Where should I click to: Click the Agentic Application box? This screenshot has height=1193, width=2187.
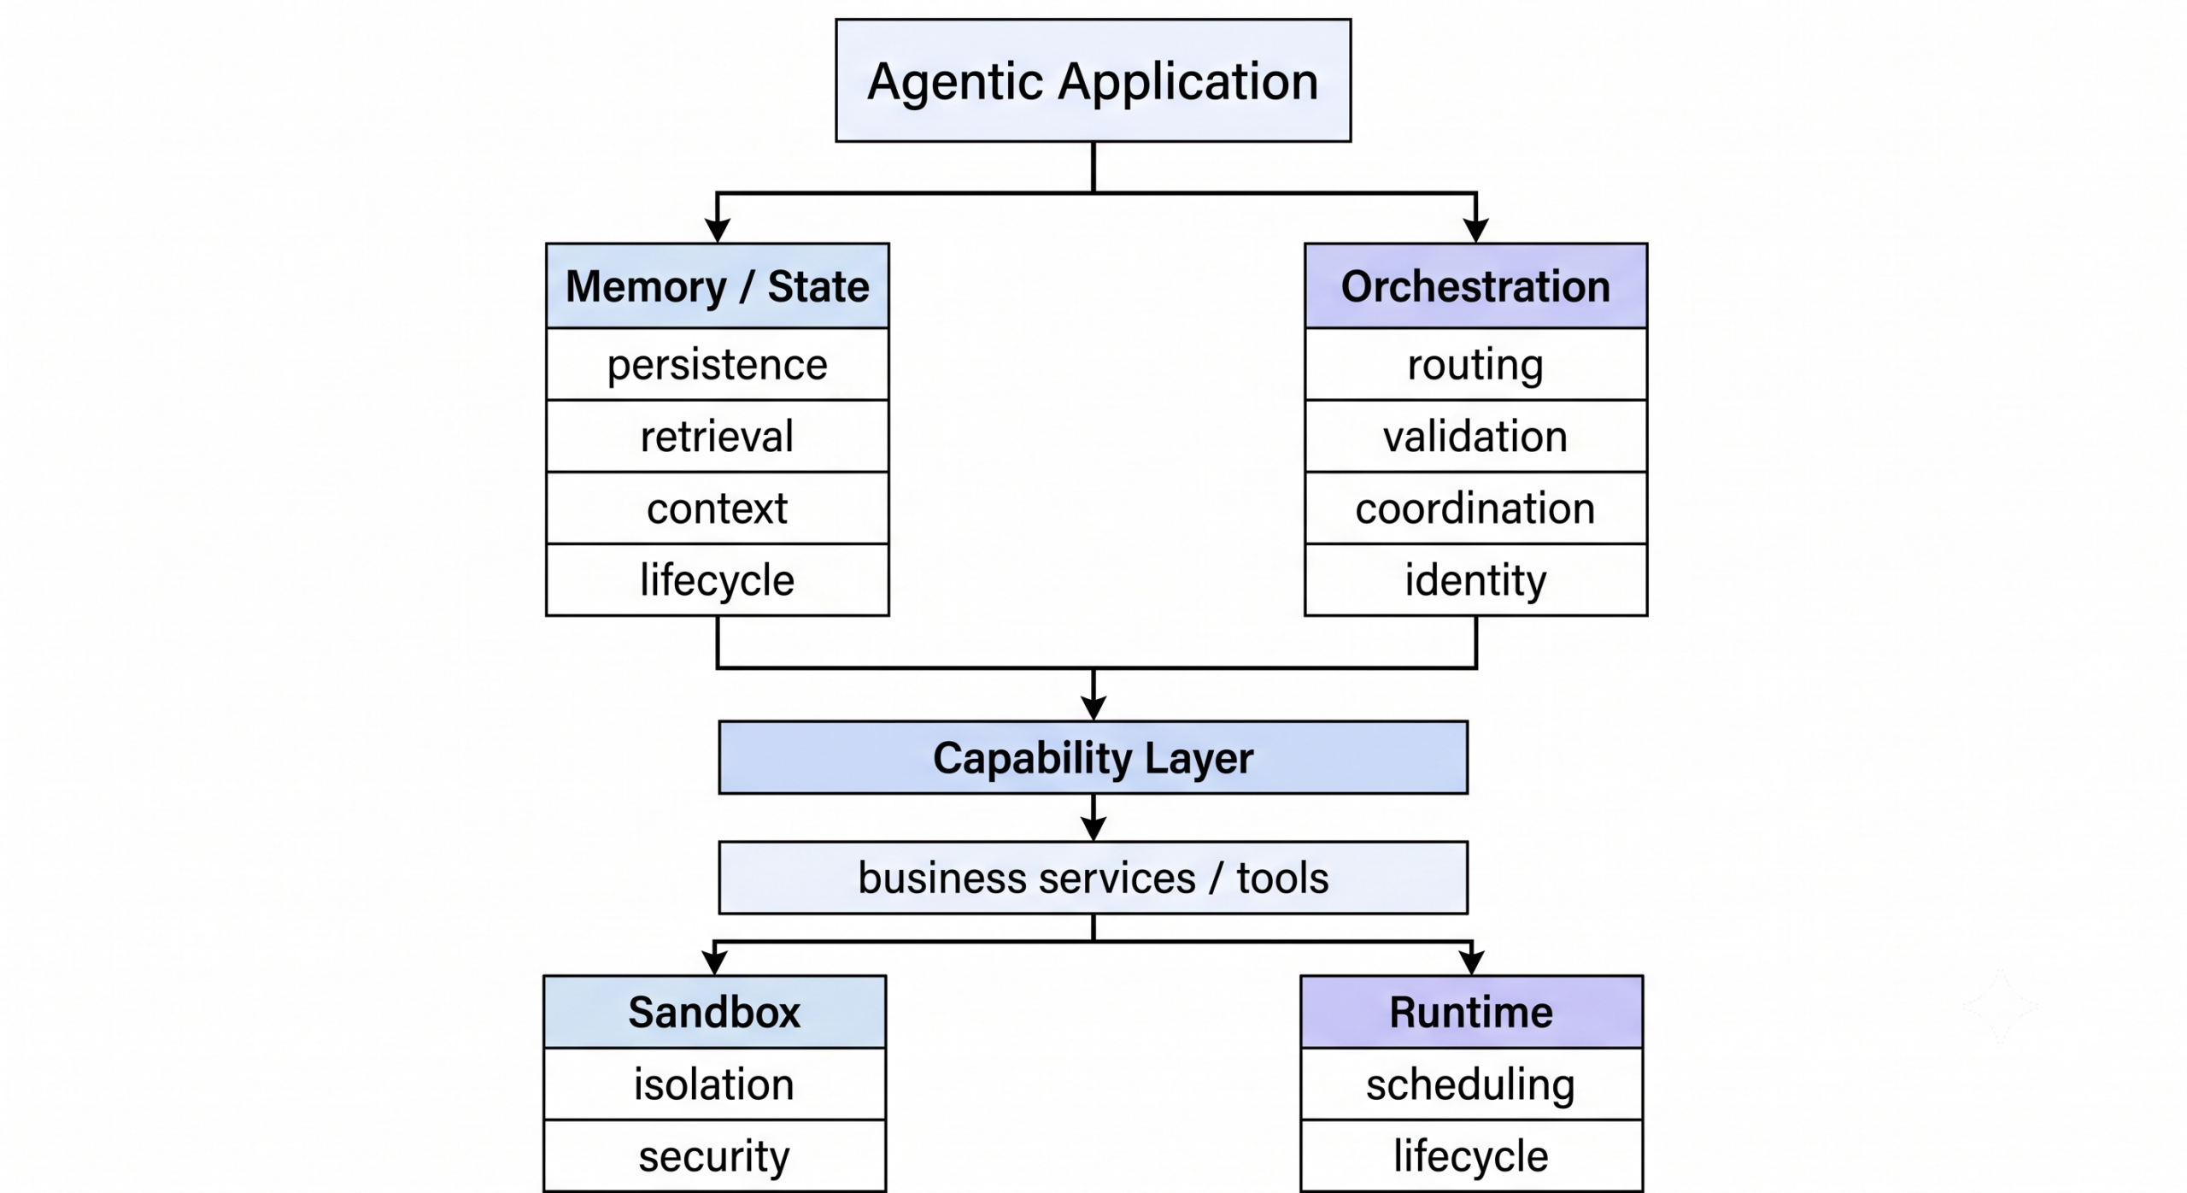click(x=1093, y=80)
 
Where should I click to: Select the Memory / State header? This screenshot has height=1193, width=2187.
click(x=718, y=286)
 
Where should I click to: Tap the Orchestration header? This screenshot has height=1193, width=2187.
click(x=1475, y=286)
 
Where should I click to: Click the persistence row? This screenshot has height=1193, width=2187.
click(x=718, y=365)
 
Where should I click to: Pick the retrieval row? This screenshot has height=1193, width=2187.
click(x=718, y=436)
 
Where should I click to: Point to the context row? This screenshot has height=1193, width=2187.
click(x=718, y=508)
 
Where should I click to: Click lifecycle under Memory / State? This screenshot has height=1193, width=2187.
click(x=718, y=579)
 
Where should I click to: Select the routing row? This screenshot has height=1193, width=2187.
click(x=1475, y=365)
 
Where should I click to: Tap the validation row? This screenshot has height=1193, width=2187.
click(x=1475, y=436)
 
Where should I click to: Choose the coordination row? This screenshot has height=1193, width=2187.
click(x=1475, y=508)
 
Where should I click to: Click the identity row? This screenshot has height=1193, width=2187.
click(x=1475, y=579)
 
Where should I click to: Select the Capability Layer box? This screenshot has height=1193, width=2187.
click(x=1093, y=758)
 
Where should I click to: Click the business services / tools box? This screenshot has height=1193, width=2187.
click(x=1093, y=878)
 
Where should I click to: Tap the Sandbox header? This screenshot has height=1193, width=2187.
click(x=714, y=1012)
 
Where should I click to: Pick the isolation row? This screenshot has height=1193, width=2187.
click(x=714, y=1084)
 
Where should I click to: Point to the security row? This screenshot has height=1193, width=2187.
click(x=714, y=1155)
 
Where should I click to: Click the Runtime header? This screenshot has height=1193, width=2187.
click(x=1471, y=1012)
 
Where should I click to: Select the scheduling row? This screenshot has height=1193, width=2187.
click(x=1471, y=1084)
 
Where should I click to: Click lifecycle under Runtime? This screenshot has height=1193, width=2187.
click(x=1471, y=1155)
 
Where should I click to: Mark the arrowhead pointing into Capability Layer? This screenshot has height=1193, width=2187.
click(x=1093, y=708)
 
